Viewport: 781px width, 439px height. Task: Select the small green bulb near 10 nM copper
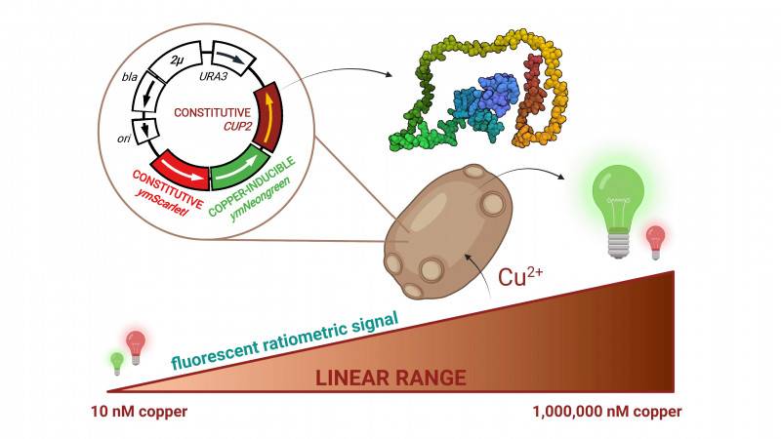[117, 362]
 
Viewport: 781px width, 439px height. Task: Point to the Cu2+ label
[522, 277]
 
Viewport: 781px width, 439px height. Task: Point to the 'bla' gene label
[130, 74]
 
